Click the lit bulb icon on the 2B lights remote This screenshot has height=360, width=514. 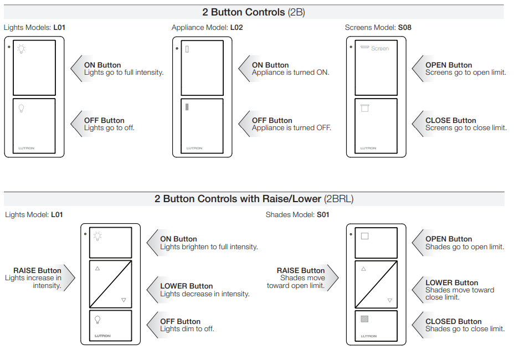(21, 49)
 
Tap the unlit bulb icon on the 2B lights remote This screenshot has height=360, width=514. (21, 109)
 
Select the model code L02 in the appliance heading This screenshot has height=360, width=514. (237, 27)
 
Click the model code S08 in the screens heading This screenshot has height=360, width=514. (404, 27)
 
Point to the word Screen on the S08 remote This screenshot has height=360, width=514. (380, 49)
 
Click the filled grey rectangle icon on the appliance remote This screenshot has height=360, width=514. (187, 107)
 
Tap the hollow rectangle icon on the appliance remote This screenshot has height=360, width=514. (187, 49)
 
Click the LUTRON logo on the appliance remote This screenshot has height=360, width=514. (194, 148)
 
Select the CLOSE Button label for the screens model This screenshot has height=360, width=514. (450, 120)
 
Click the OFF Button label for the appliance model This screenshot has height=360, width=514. (272, 120)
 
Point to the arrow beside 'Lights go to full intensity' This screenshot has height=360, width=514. (76, 69)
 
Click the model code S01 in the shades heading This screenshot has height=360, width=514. (323, 214)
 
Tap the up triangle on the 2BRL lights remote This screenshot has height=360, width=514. (97, 269)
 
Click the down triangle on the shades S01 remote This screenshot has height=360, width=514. (390, 301)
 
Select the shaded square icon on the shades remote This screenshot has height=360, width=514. (364, 318)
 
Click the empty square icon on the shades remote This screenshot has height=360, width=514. (364, 236)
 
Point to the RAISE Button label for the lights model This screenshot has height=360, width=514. (37, 270)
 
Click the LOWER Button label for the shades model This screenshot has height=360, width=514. (451, 282)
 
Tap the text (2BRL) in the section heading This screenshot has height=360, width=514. (339, 199)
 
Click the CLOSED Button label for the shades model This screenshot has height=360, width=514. (453, 321)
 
